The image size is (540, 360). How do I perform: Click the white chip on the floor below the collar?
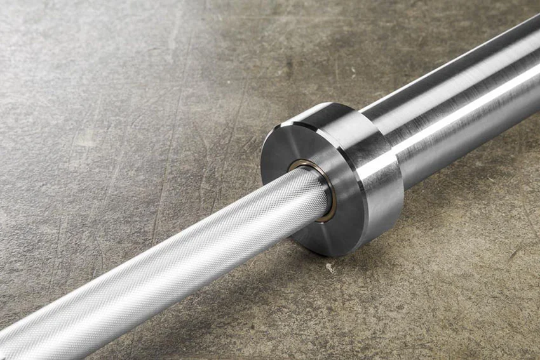(x=330, y=269)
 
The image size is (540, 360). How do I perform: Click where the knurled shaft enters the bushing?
(x=321, y=190)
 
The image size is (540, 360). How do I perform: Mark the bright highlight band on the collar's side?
(x=381, y=165)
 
